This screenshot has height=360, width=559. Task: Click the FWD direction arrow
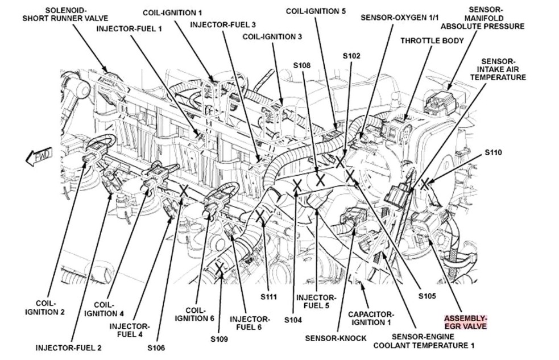pyautogui.click(x=38, y=156)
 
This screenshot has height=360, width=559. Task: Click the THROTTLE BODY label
pyautogui.click(x=432, y=40)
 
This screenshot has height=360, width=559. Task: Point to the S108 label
pyautogui.click(x=301, y=66)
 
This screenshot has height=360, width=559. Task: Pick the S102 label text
pyautogui.click(x=351, y=56)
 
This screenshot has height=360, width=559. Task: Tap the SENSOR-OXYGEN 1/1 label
pyautogui.click(x=400, y=18)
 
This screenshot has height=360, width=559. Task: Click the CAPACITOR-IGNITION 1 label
pyautogui.click(x=370, y=318)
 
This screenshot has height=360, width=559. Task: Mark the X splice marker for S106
pyautogui.click(x=183, y=191)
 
